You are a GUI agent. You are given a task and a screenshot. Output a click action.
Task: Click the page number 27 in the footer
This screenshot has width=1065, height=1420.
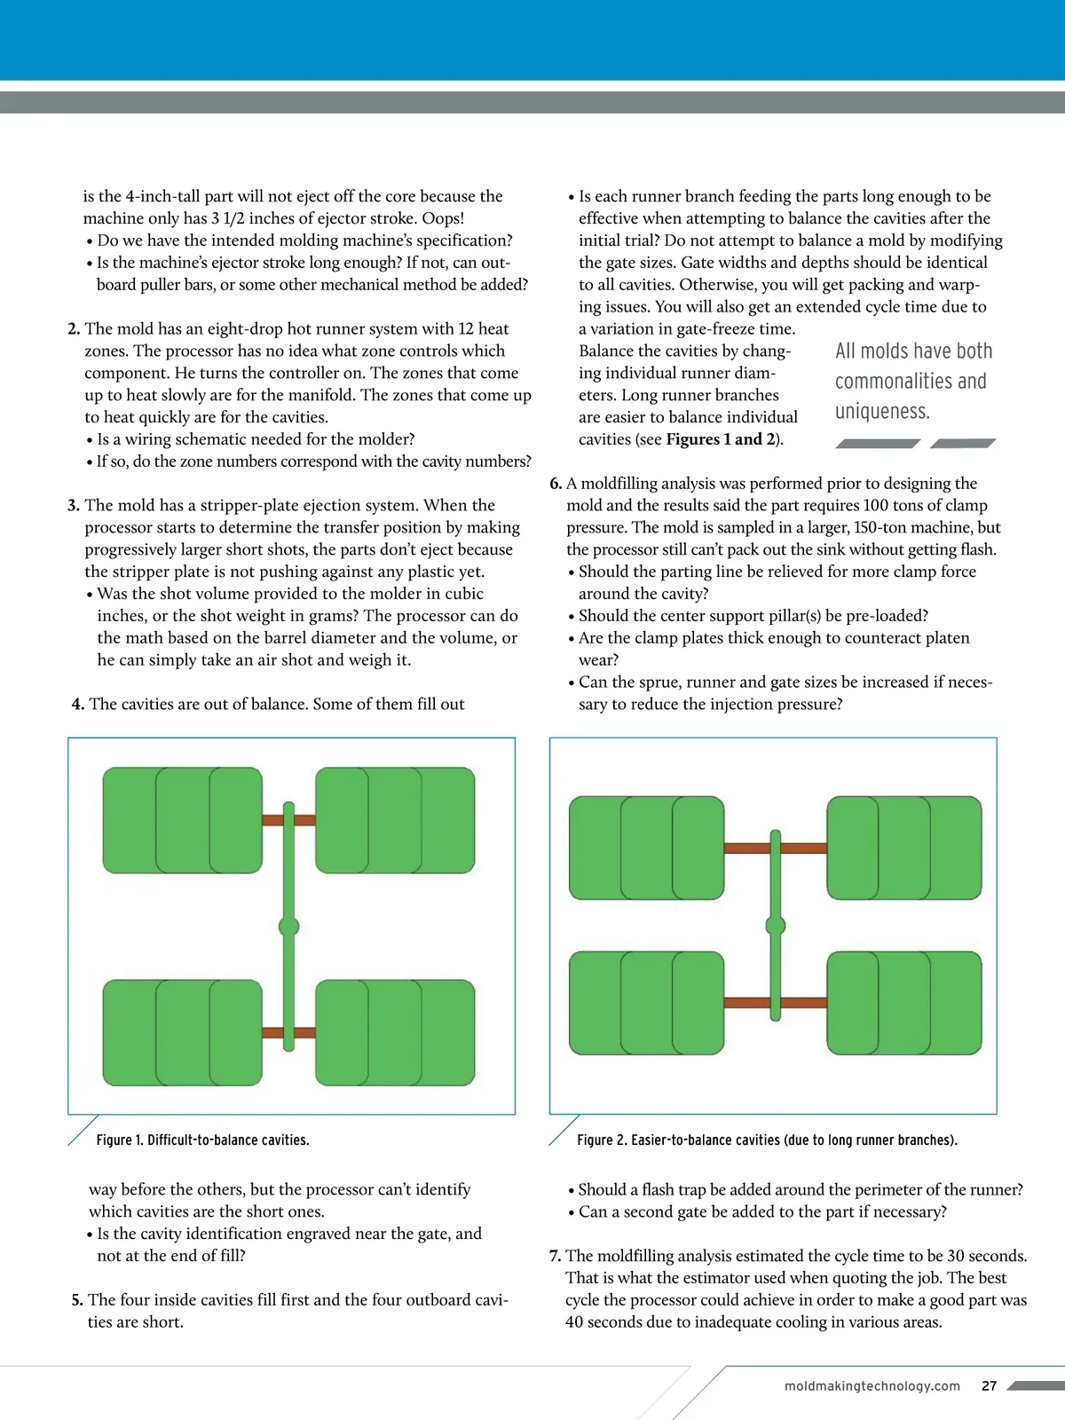click(989, 1385)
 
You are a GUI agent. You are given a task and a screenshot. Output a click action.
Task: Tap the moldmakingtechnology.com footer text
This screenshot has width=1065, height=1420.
click(872, 1385)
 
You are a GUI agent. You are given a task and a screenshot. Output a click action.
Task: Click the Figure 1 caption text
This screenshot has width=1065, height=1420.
click(202, 1140)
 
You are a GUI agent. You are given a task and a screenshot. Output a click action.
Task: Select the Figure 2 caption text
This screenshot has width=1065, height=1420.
click(767, 1140)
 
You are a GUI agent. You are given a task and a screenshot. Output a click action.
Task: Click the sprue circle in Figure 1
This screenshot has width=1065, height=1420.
click(288, 927)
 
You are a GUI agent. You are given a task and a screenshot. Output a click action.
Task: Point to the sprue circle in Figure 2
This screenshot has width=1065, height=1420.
click(776, 926)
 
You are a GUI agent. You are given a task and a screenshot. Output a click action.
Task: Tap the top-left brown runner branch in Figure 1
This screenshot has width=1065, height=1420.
click(272, 820)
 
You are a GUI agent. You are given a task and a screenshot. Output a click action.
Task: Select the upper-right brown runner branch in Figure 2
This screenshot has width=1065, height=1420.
click(803, 848)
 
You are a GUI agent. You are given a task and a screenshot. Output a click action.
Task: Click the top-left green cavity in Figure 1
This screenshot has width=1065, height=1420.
click(182, 820)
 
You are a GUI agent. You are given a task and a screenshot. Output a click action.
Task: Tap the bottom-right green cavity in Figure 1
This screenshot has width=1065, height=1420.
click(395, 1032)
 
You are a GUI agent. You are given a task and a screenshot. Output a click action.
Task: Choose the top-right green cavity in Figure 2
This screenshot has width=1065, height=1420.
click(903, 848)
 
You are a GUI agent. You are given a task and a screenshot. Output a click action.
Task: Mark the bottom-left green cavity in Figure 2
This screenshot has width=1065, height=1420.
click(646, 1003)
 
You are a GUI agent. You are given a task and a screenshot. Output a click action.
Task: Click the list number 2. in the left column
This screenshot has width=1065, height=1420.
click(74, 328)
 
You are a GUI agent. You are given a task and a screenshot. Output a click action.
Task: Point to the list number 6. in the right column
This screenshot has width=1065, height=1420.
click(556, 484)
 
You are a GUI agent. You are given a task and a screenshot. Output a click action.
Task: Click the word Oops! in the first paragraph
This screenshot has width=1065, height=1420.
click(443, 218)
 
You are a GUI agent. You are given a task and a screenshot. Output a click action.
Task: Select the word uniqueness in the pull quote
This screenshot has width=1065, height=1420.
click(882, 412)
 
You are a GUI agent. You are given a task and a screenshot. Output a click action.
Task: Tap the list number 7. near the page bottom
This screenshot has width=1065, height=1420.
click(555, 1256)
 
